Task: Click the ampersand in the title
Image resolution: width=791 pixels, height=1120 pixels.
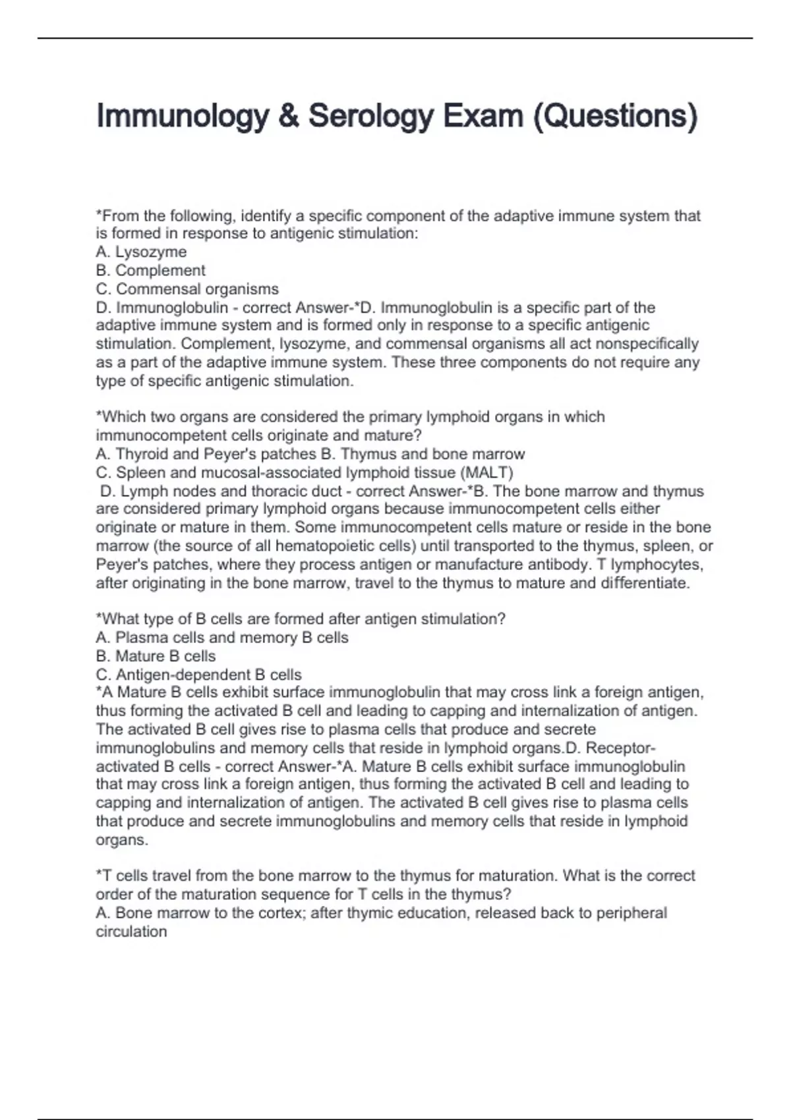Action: pyautogui.click(x=287, y=117)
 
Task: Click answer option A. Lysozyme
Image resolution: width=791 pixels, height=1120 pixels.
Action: pyautogui.click(x=141, y=252)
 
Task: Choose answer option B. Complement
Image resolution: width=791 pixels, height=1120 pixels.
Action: pyautogui.click(x=150, y=271)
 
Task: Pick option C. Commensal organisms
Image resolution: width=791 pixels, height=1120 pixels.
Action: pyautogui.click(x=187, y=289)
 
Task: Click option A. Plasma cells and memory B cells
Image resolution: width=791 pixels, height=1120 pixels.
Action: pyautogui.click(x=222, y=638)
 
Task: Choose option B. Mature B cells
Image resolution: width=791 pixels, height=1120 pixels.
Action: pyautogui.click(x=156, y=656)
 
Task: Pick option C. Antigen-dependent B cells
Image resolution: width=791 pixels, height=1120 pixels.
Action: pyautogui.click(x=198, y=675)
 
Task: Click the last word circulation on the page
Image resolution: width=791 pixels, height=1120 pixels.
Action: pyautogui.click(x=131, y=932)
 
